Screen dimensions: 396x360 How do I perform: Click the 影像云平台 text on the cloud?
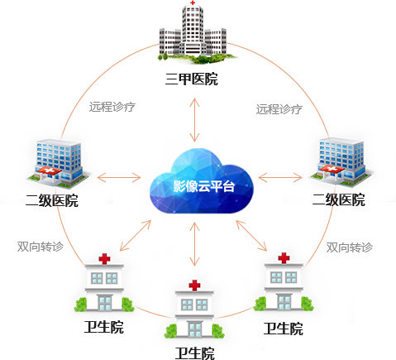(x=204, y=186)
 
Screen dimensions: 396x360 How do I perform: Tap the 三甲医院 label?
(x=192, y=79)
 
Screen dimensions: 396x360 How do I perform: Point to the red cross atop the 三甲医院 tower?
(x=193, y=2)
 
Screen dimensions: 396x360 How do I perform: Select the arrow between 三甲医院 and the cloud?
(x=195, y=120)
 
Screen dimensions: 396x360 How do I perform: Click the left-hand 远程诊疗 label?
(x=112, y=107)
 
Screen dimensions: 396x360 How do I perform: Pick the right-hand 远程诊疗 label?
(x=279, y=109)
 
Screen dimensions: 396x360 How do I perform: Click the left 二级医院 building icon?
(x=58, y=163)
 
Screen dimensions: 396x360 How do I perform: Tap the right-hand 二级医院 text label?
(x=339, y=199)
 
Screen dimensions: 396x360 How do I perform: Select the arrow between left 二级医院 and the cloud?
(x=119, y=178)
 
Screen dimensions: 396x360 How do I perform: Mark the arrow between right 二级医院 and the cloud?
(x=280, y=178)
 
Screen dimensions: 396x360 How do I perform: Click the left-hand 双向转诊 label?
(x=41, y=247)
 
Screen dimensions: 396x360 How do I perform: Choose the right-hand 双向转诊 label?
(x=350, y=247)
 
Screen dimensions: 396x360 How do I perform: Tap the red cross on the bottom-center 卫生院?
(x=194, y=285)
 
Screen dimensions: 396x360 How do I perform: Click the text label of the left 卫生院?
(x=104, y=327)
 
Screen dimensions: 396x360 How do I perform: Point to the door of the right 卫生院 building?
(x=284, y=302)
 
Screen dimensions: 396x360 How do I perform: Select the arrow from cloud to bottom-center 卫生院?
(x=195, y=244)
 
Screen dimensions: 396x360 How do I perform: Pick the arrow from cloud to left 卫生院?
(x=136, y=235)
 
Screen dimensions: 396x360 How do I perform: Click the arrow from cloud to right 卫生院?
(x=251, y=235)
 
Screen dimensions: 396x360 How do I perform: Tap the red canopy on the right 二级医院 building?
(x=332, y=169)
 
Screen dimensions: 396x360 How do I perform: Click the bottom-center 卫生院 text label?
(x=195, y=353)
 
